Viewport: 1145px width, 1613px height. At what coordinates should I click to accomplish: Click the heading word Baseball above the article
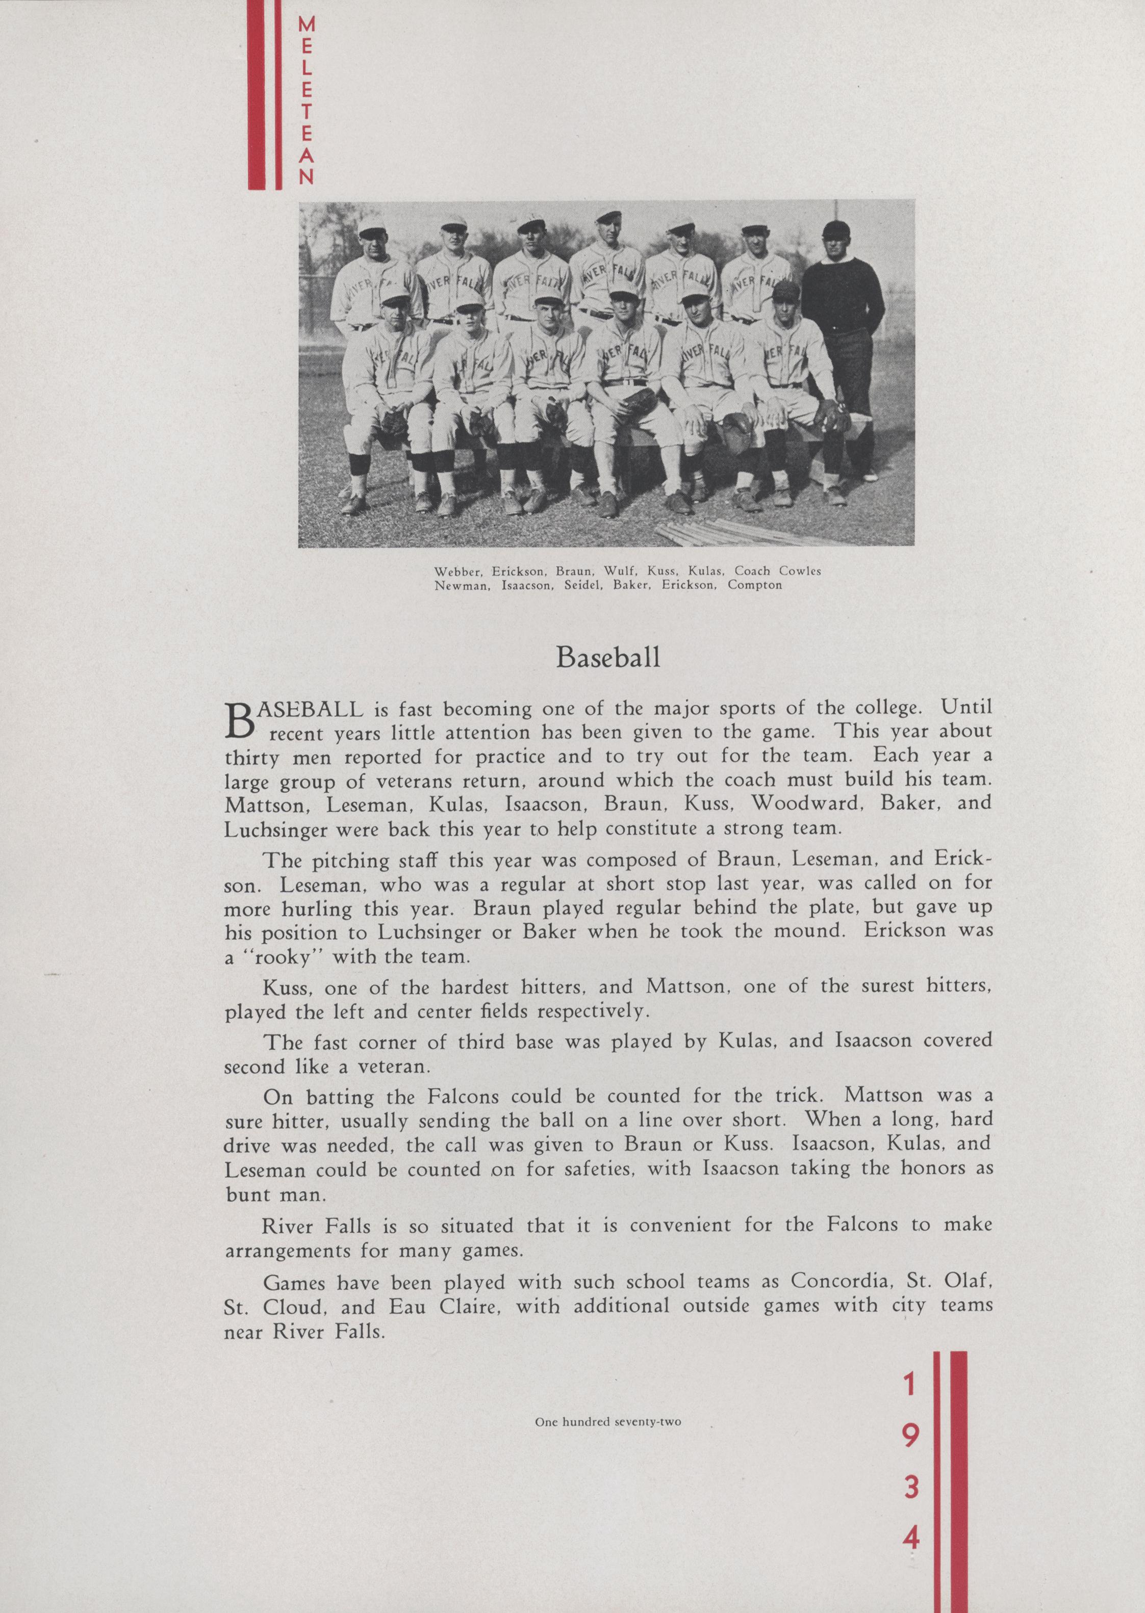[x=608, y=658]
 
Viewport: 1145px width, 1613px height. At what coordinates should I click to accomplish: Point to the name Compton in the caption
[x=756, y=585]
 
